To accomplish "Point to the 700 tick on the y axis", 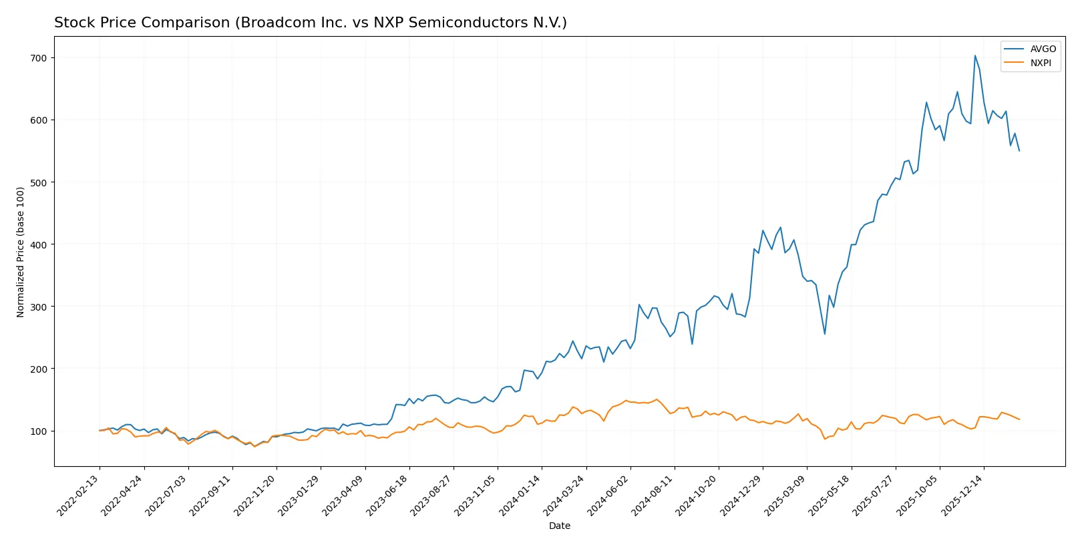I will (39, 58).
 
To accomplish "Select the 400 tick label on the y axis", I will (39, 244).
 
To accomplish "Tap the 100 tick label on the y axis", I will (39, 431).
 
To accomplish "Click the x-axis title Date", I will (559, 526).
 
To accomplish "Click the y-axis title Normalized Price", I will (21, 252).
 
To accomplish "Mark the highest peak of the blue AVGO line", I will (974, 55).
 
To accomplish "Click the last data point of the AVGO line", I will (1019, 151).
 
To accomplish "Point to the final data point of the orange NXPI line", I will (1019, 419).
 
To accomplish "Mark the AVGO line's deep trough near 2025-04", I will (825, 334).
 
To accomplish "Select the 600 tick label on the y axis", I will (39, 120).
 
